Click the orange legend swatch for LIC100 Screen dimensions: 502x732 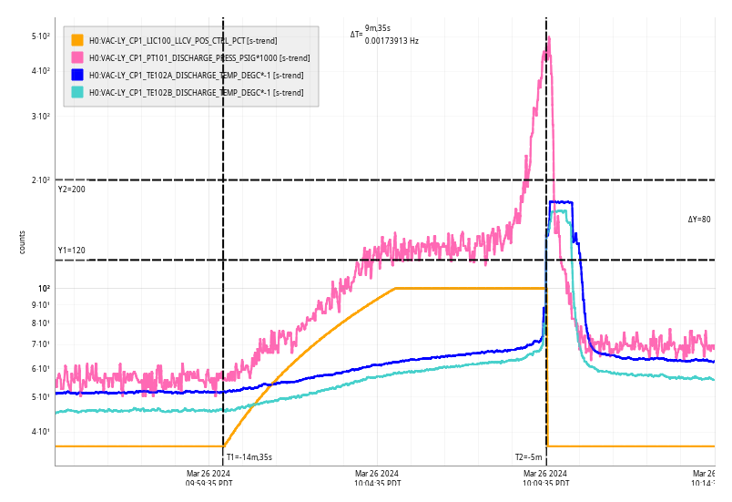click(77, 40)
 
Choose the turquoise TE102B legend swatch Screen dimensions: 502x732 click(77, 92)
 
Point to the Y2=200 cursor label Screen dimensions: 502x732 click(72, 190)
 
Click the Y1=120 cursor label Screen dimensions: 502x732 click(72, 251)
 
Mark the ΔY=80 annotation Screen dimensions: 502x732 click(699, 220)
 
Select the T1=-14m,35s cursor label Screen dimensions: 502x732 click(249, 457)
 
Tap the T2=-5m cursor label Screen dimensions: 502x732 click(528, 457)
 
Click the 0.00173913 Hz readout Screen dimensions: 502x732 click(391, 41)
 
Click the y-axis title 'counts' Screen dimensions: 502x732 click(23, 241)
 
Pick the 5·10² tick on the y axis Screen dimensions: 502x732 click(40, 36)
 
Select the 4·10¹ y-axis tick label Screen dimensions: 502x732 click(40, 431)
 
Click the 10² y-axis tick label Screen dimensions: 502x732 click(43, 289)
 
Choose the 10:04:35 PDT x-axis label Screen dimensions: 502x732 click(377, 478)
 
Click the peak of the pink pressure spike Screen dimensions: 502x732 click(548, 51)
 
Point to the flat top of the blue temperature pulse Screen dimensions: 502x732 click(561, 202)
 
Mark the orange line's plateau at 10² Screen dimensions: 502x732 click(469, 289)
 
